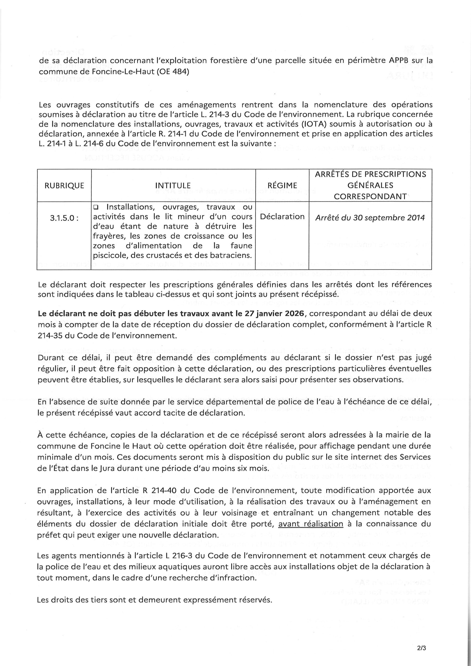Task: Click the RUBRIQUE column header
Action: [64, 186]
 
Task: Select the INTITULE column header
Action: [173, 186]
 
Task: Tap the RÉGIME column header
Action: [282, 186]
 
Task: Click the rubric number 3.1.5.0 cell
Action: [64, 217]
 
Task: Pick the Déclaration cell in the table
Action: [282, 217]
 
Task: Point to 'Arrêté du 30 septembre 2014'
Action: [370, 217]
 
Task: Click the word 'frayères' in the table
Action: [109, 236]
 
